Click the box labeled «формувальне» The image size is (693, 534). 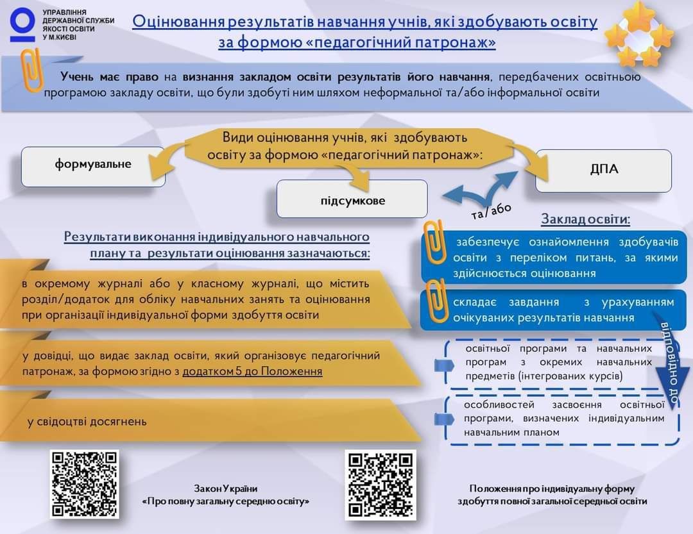[x=93, y=165]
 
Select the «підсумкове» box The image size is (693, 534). [x=352, y=199]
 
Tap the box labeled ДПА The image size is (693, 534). [x=604, y=171]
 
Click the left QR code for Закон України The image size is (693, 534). [x=85, y=483]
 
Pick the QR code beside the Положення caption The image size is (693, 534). [x=381, y=484]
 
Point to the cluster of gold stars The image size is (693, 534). [x=638, y=34]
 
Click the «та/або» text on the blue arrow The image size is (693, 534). [x=492, y=211]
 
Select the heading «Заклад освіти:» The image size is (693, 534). [x=585, y=219]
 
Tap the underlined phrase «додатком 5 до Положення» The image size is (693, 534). [x=252, y=371]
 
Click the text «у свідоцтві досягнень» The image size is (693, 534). [x=87, y=421]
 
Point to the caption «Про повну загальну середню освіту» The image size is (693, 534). [x=225, y=501]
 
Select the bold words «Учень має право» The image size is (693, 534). [x=109, y=77]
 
